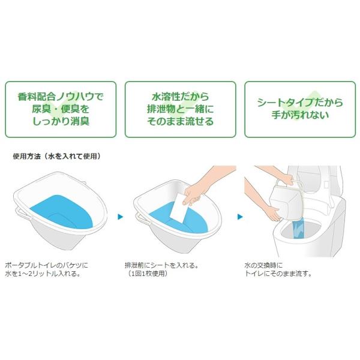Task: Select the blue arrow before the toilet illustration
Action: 239,215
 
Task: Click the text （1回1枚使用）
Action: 146,274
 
